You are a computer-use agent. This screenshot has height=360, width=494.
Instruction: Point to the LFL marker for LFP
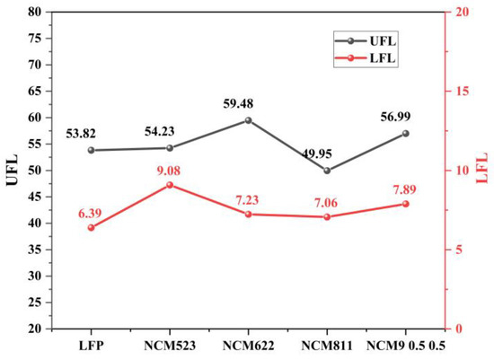point(91,227)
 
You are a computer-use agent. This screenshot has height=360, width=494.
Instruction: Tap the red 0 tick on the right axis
point(458,329)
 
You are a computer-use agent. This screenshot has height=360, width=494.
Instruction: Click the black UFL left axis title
point(12,171)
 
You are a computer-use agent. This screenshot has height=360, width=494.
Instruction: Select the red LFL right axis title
point(483,171)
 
